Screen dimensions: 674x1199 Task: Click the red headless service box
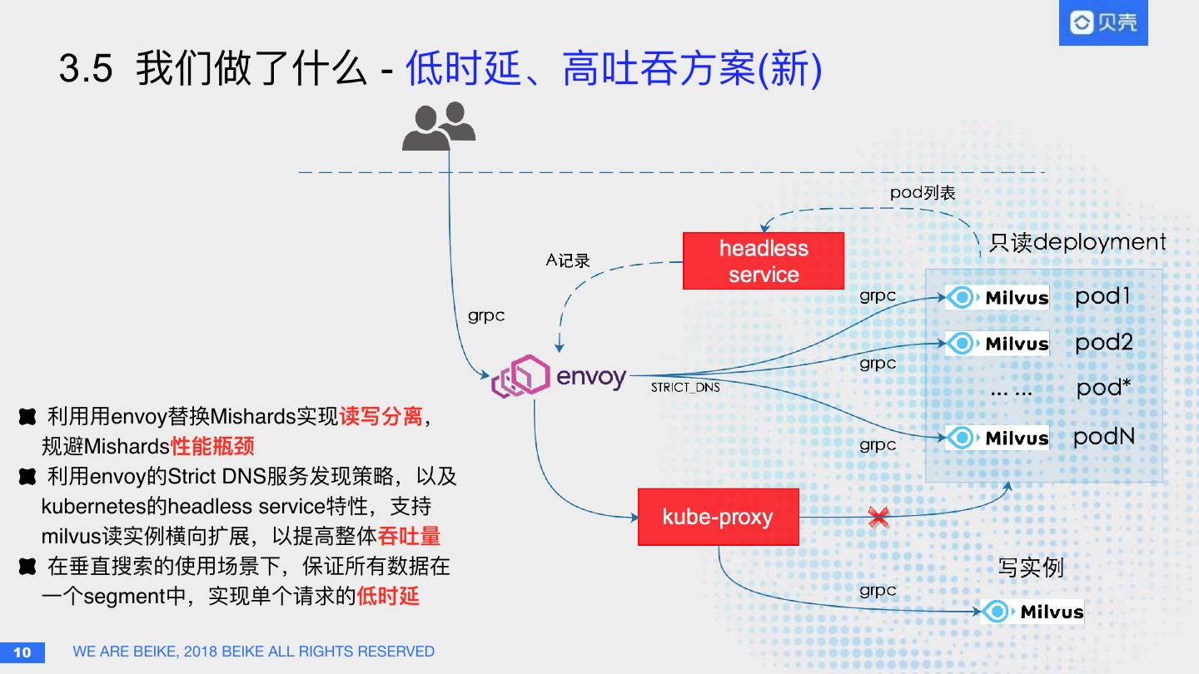click(764, 261)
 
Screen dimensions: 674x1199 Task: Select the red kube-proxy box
click(718, 517)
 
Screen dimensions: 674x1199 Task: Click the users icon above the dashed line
click(438, 126)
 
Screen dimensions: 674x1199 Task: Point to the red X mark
click(878, 517)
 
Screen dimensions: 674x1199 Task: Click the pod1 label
click(1103, 296)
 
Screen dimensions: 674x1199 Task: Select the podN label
click(1104, 437)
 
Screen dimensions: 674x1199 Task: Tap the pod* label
click(1104, 388)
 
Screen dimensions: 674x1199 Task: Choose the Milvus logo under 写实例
click(1032, 612)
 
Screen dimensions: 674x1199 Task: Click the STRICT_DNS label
click(685, 388)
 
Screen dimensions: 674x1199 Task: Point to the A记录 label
click(568, 260)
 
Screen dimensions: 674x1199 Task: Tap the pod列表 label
click(923, 193)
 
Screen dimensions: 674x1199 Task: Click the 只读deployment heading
click(1077, 242)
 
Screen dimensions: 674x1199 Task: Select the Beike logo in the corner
click(1103, 22)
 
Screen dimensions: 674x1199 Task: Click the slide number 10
click(22, 652)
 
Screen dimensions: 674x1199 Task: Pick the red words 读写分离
click(381, 416)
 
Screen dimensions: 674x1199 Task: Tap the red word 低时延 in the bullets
click(388, 596)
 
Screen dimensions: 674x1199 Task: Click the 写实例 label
click(1031, 568)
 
